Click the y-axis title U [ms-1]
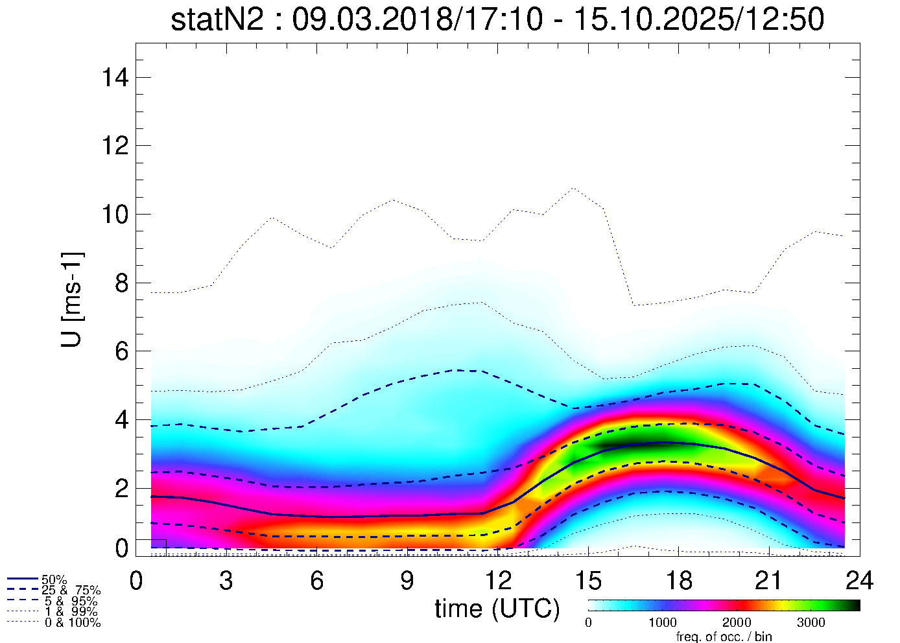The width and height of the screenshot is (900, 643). click(x=73, y=299)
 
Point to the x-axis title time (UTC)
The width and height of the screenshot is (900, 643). click(x=497, y=609)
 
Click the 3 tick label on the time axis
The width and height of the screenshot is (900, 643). click(x=226, y=581)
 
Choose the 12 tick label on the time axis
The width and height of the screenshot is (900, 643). click(x=497, y=581)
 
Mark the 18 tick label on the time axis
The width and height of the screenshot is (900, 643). click(x=678, y=581)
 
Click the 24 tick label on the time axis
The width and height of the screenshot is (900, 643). click(x=859, y=581)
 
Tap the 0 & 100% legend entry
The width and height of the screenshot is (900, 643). click(x=72, y=623)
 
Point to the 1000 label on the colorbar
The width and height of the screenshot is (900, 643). click(x=662, y=623)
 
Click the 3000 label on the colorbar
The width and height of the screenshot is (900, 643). click(x=811, y=623)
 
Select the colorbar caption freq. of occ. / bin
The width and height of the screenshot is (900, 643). click(x=724, y=637)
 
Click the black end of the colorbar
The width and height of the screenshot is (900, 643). click(x=853, y=605)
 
